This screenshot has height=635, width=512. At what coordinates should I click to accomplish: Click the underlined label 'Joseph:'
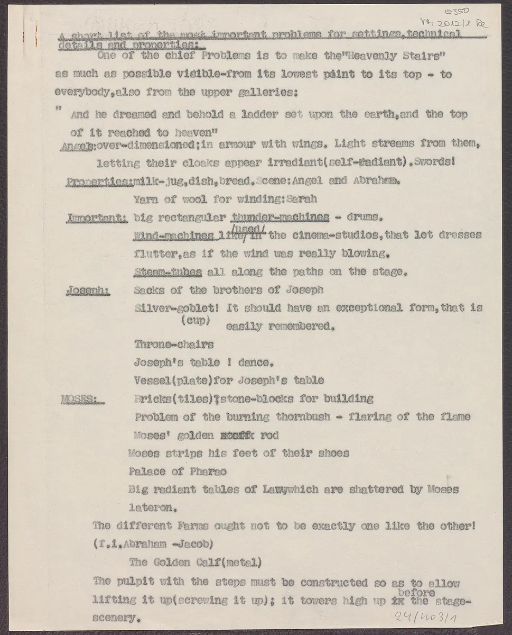tap(88, 291)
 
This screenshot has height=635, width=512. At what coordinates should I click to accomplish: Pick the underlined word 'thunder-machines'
tap(281, 217)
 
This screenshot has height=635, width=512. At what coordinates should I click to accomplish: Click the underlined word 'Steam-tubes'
tap(168, 272)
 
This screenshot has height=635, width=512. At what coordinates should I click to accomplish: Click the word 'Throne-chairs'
tap(174, 344)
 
